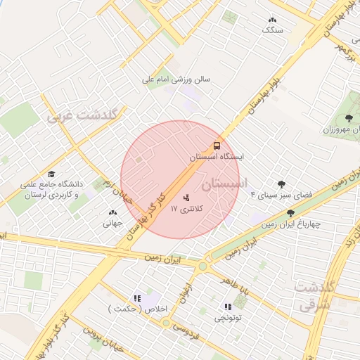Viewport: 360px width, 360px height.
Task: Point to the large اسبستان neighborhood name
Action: (x=225, y=184)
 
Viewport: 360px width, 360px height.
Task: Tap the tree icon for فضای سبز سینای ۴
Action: (x=282, y=185)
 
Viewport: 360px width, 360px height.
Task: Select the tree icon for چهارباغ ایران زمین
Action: (x=290, y=213)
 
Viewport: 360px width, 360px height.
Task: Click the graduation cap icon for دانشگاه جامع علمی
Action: (x=51, y=174)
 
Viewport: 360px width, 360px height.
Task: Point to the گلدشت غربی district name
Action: (x=85, y=115)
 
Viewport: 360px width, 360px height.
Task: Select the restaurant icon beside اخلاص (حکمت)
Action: (x=137, y=298)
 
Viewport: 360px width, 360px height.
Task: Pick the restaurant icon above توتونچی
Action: (x=227, y=307)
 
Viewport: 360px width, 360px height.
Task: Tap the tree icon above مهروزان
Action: (x=349, y=118)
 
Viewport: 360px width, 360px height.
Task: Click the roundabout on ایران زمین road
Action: (x=203, y=266)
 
